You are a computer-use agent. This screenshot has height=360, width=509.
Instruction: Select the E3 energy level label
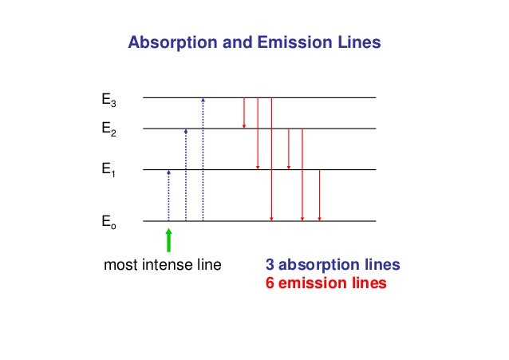(109, 101)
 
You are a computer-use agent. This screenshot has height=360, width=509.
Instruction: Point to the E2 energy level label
(109, 128)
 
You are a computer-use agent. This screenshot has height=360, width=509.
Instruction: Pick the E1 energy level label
(109, 169)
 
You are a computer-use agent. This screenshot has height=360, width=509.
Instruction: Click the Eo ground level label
(109, 226)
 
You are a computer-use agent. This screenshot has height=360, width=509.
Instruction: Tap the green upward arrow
(168, 240)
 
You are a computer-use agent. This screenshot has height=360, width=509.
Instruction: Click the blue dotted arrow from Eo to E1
(168, 196)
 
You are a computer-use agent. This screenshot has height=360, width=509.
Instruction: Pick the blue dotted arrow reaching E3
(203, 160)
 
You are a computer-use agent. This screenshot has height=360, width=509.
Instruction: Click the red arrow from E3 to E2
(244, 113)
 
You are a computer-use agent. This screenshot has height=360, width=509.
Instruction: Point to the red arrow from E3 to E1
(258, 133)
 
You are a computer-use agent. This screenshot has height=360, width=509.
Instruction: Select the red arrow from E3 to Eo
(272, 160)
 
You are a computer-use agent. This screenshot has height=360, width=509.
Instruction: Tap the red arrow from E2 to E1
(288, 148)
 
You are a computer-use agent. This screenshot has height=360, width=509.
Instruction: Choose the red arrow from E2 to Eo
(302, 174)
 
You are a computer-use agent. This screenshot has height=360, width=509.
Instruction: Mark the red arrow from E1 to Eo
(319, 196)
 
